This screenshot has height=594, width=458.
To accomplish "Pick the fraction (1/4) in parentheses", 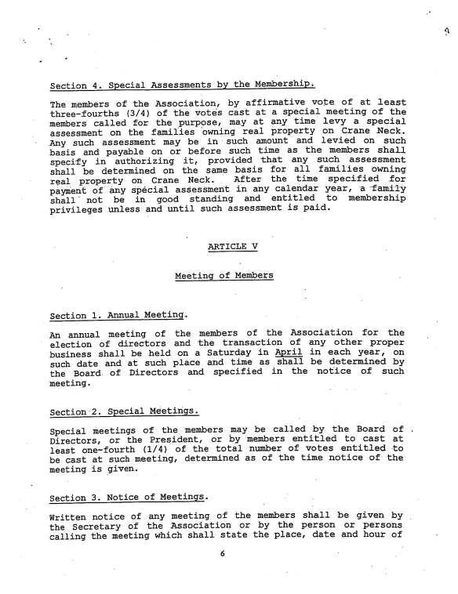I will (162, 449).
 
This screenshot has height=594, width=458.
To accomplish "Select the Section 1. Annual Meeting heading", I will (118, 316).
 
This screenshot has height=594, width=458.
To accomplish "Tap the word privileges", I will (77, 210).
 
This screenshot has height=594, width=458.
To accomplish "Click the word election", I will (71, 343).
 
